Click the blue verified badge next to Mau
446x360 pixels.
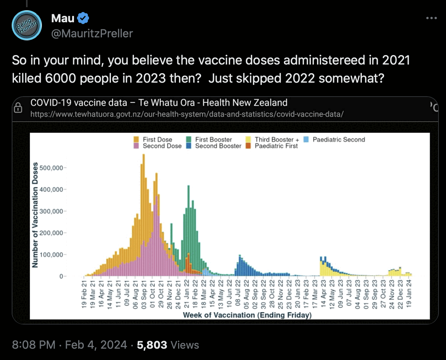point(83,18)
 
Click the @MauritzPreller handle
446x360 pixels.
point(92,34)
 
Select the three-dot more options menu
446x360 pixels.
point(431,18)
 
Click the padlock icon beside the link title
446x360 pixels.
point(18,108)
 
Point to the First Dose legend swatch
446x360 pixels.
point(136,140)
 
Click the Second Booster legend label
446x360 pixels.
point(218,146)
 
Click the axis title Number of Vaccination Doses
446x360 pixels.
point(35,215)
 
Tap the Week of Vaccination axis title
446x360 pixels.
point(247,315)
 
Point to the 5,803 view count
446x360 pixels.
point(152,345)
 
